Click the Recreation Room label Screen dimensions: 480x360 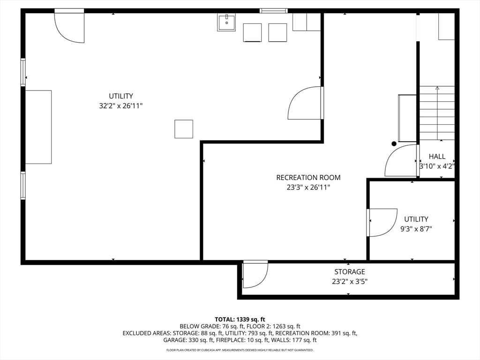point(308,178)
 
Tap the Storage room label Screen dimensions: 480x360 point(350,272)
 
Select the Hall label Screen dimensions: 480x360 point(437,157)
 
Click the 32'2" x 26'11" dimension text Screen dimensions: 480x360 point(121,106)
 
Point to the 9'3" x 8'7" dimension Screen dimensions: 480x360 point(416,229)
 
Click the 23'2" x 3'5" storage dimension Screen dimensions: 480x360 point(350,282)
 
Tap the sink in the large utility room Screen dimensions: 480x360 point(226,22)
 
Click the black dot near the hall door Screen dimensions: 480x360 point(394,143)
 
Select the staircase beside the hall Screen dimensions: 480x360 point(437,113)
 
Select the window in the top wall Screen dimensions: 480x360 point(274,11)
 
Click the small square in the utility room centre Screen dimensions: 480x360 point(184,129)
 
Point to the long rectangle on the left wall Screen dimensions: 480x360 point(38,127)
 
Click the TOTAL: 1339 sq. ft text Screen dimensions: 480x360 point(240,320)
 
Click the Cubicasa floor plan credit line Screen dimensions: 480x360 point(240,350)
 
